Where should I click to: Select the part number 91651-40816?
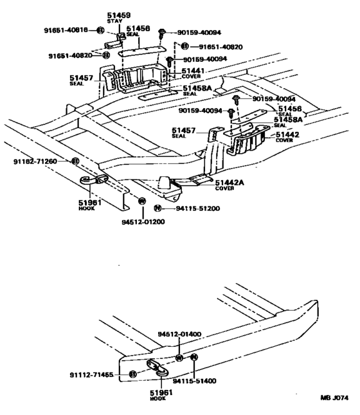pyautogui.click(x=67, y=30)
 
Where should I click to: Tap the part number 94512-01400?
pyautogui.click(x=180, y=335)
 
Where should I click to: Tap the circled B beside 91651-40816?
pyautogui.click(x=100, y=30)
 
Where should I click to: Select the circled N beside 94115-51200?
pyautogui.click(x=157, y=208)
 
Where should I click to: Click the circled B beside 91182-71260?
pyautogui.click(x=75, y=161)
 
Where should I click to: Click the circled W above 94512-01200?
pyautogui.click(x=141, y=201)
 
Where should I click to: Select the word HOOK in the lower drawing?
pyautogui.click(x=157, y=398)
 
